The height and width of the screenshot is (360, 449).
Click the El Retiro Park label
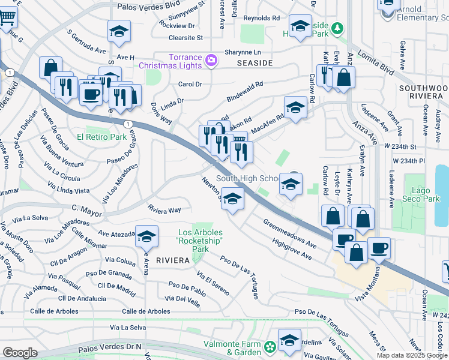(101, 137)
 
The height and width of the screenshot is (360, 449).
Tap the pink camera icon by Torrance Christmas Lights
(211, 59)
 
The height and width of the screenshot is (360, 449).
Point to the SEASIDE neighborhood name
(255, 63)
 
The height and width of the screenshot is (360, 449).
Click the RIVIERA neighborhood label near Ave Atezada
(173, 260)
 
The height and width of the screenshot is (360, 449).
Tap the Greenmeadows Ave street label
(289, 233)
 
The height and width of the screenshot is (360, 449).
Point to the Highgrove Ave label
(292, 248)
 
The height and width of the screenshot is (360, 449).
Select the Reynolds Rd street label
(261, 19)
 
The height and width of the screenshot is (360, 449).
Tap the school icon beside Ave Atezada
(146, 238)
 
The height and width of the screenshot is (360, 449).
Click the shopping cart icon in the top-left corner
(6, 16)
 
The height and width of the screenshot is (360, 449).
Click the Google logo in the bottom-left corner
(20, 352)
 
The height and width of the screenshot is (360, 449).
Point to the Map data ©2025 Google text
(411, 355)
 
